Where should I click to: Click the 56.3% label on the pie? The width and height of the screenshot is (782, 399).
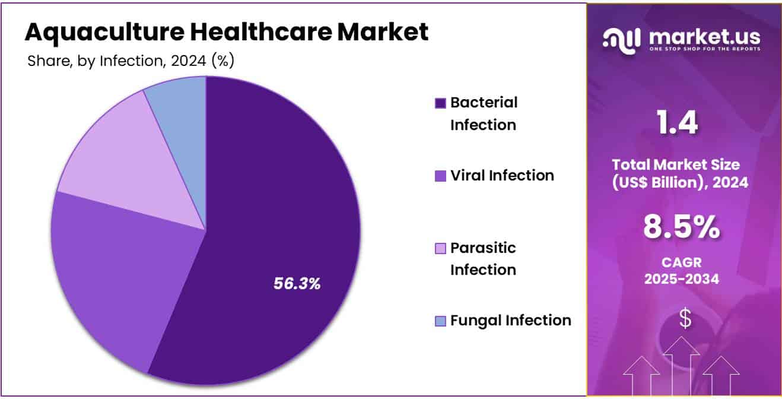pyautogui.click(x=297, y=283)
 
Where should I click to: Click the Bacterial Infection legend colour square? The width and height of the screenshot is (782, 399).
pyautogui.click(x=440, y=103)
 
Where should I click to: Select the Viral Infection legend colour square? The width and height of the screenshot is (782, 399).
pyautogui.click(x=440, y=176)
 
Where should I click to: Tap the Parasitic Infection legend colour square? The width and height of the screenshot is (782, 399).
pyautogui.click(x=440, y=248)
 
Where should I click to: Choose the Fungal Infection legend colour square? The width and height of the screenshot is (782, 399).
pyautogui.click(x=440, y=321)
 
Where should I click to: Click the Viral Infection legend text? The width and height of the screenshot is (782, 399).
pyautogui.click(x=502, y=175)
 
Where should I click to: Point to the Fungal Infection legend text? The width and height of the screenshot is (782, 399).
pyautogui.click(x=511, y=321)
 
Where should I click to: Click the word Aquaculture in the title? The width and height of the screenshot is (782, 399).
pyautogui.click(x=105, y=33)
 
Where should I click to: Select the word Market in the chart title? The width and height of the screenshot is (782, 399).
pyautogui.click(x=383, y=32)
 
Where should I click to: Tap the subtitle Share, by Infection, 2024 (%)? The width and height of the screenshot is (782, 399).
pyautogui.click(x=131, y=61)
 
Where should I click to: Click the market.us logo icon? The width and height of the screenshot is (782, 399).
pyautogui.click(x=621, y=41)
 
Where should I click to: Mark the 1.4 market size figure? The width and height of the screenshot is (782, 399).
pyautogui.click(x=677, y=122)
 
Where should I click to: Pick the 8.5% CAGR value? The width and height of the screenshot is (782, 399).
pyautogui.click(x=682, y=227)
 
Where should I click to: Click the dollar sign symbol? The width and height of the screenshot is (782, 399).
pyautogui.click(x=685, y=318)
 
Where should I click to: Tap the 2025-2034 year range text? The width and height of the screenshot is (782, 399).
pyautogui.click(x=682, y=279)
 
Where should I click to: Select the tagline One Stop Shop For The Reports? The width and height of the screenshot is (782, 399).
pyautogui.click(x=705, y=49)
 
